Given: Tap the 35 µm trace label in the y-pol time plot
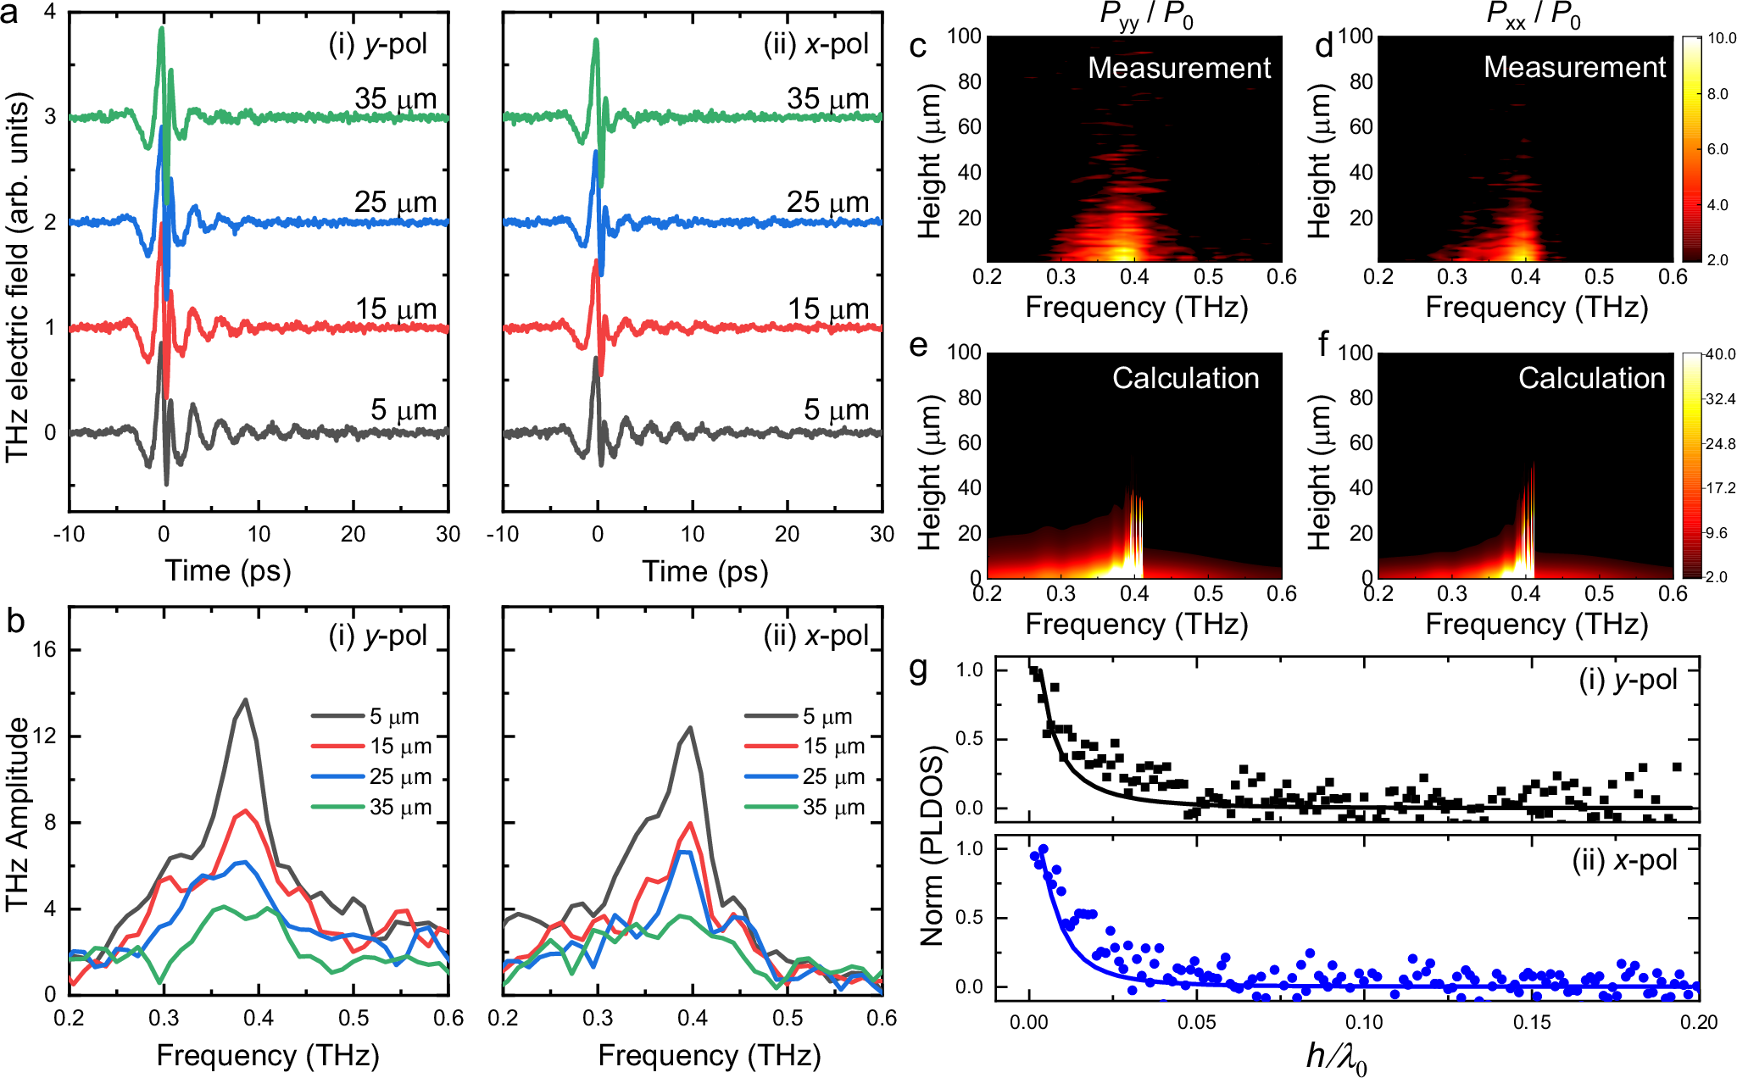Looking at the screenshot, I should click(x=396, y=99).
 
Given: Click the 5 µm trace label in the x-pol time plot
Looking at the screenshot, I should click(x=836, y=410).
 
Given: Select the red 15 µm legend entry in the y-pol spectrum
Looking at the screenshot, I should click(x=373, y=747).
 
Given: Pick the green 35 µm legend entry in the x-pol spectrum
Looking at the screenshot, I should click(x=806, y=807).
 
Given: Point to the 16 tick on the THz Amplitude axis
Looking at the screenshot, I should click(x=44, y=650).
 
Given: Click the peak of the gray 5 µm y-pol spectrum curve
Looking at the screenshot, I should click(x=246, y=700).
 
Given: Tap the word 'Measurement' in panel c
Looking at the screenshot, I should click(x=1179, y=68).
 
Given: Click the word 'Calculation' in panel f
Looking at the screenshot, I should click(x=1591, y=378).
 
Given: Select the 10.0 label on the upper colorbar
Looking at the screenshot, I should click(x=1721, y=38).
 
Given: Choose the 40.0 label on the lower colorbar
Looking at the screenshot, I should click(x=1721, y=354).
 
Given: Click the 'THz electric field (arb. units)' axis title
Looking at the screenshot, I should click(x=18, y=277).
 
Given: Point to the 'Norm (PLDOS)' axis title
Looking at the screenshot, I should click(x=933, y=846).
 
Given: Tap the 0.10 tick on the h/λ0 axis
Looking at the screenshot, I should click(x=1364, y=1023).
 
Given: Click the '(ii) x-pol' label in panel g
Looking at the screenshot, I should click(x=1624, y=860).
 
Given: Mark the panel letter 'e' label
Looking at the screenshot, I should click(x=917, y=346).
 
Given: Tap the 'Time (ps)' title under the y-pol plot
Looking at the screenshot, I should click(x=228, y=571).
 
